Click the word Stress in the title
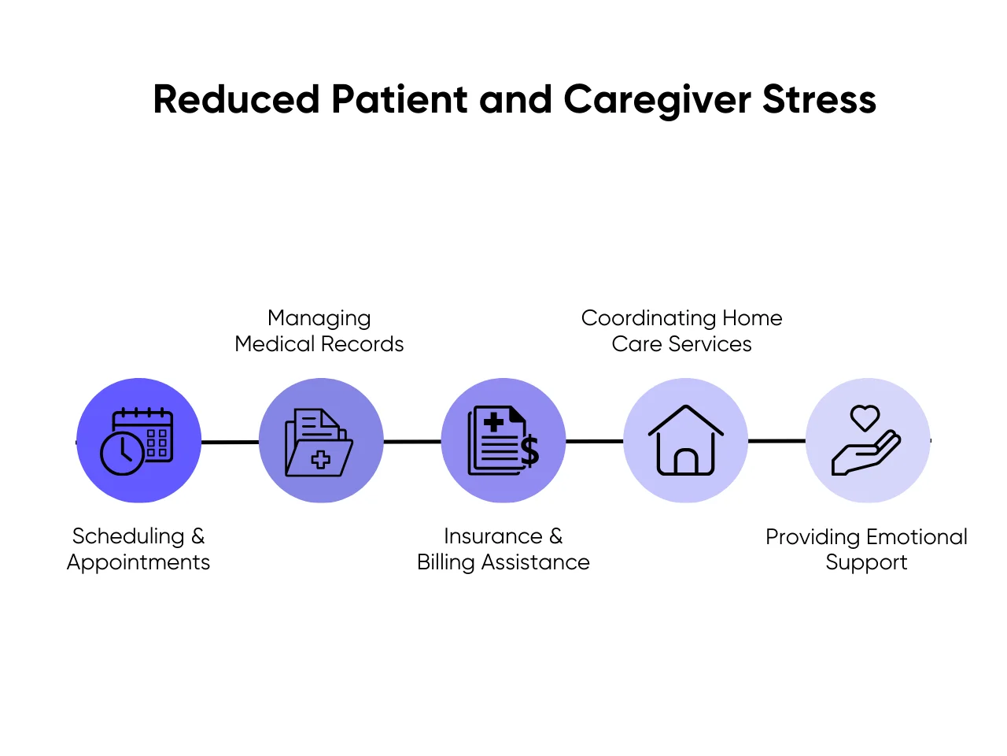pyautogui.click(x=819, y=100)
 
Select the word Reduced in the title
pyautogui.click(x=236, y=100)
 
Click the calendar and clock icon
pyautogui.click(x=138, y=441)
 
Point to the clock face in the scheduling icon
pyautogui.click(x=122, y=452)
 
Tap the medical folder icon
pyautogui.click(x=319, y=442)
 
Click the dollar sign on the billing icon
pyautogui.click(x=529, y=450)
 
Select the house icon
pyautogui.click(x=685, y=440)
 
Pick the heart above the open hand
pyautogui.click(x=865, y=417)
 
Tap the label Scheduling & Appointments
pyautogui.click(x=138, y=549)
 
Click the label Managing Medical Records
pyautogui.click(x=319, y=331)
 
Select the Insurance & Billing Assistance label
pyautogui.click(x=503, y=549)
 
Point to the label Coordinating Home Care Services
pyautogui.click(x=681, y=331)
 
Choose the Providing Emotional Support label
pyautogui.click(x=866, y=549)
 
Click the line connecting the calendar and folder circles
pyautogui.click(x=230, y=442)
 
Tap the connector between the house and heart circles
pyautogui.click(x=776, y=441)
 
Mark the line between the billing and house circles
pyautogui.click(x=594, y=441)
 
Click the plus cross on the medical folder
pyautogui.click(x=321, y=460)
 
